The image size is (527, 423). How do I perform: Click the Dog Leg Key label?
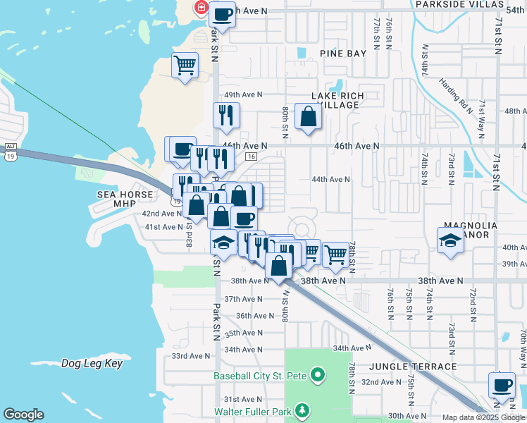pyautogui.click(x=92, y=364)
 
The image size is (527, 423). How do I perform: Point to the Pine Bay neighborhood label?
pyautogui.click(x=343, y=54)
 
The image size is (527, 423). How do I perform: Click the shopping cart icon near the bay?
pyautogui.click(x=185, y=66)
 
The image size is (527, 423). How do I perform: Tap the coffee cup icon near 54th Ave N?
pyautogui.click(x=223, y=14)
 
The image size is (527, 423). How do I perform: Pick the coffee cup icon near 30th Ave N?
pyautogui.click(x=502, y=385)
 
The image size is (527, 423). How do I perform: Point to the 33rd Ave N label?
pyautogui.click(x=191, y=357)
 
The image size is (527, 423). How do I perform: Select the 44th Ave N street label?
pyautogui.click(x=331, y=180)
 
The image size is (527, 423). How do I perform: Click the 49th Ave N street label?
pyautogui.click(x=243, y=95)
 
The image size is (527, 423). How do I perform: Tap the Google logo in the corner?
pyautogui.click(x=23, y=415)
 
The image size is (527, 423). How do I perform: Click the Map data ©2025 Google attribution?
pyautogui.click(x=483, y=417)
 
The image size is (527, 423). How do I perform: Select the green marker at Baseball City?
pyautogui.click(x=317, y=375)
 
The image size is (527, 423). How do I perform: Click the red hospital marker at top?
pyautogui.click(x=201, y=8)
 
